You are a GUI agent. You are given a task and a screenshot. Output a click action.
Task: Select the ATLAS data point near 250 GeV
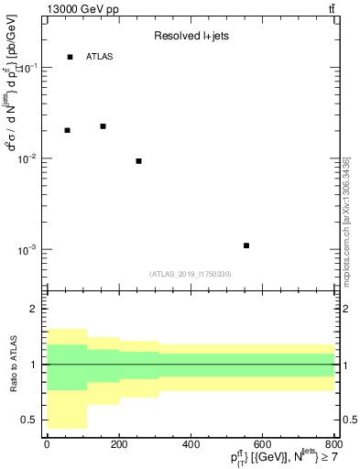(138, 161)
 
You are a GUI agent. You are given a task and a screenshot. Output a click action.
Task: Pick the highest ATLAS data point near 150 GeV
(103, 126)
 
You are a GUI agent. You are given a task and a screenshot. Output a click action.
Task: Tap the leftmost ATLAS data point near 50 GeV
(67, 130)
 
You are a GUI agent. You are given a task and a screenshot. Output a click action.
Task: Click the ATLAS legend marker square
(70, 57)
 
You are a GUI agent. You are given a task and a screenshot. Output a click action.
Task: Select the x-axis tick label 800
(333, 444)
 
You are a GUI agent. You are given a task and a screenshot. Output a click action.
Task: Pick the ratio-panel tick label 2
(35, 310)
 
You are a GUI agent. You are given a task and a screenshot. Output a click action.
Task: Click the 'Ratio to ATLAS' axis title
(12, 365)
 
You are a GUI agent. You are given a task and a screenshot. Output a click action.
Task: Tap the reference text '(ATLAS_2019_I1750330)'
(191, 274)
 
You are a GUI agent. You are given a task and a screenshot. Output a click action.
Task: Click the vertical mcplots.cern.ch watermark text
(346, 215)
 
